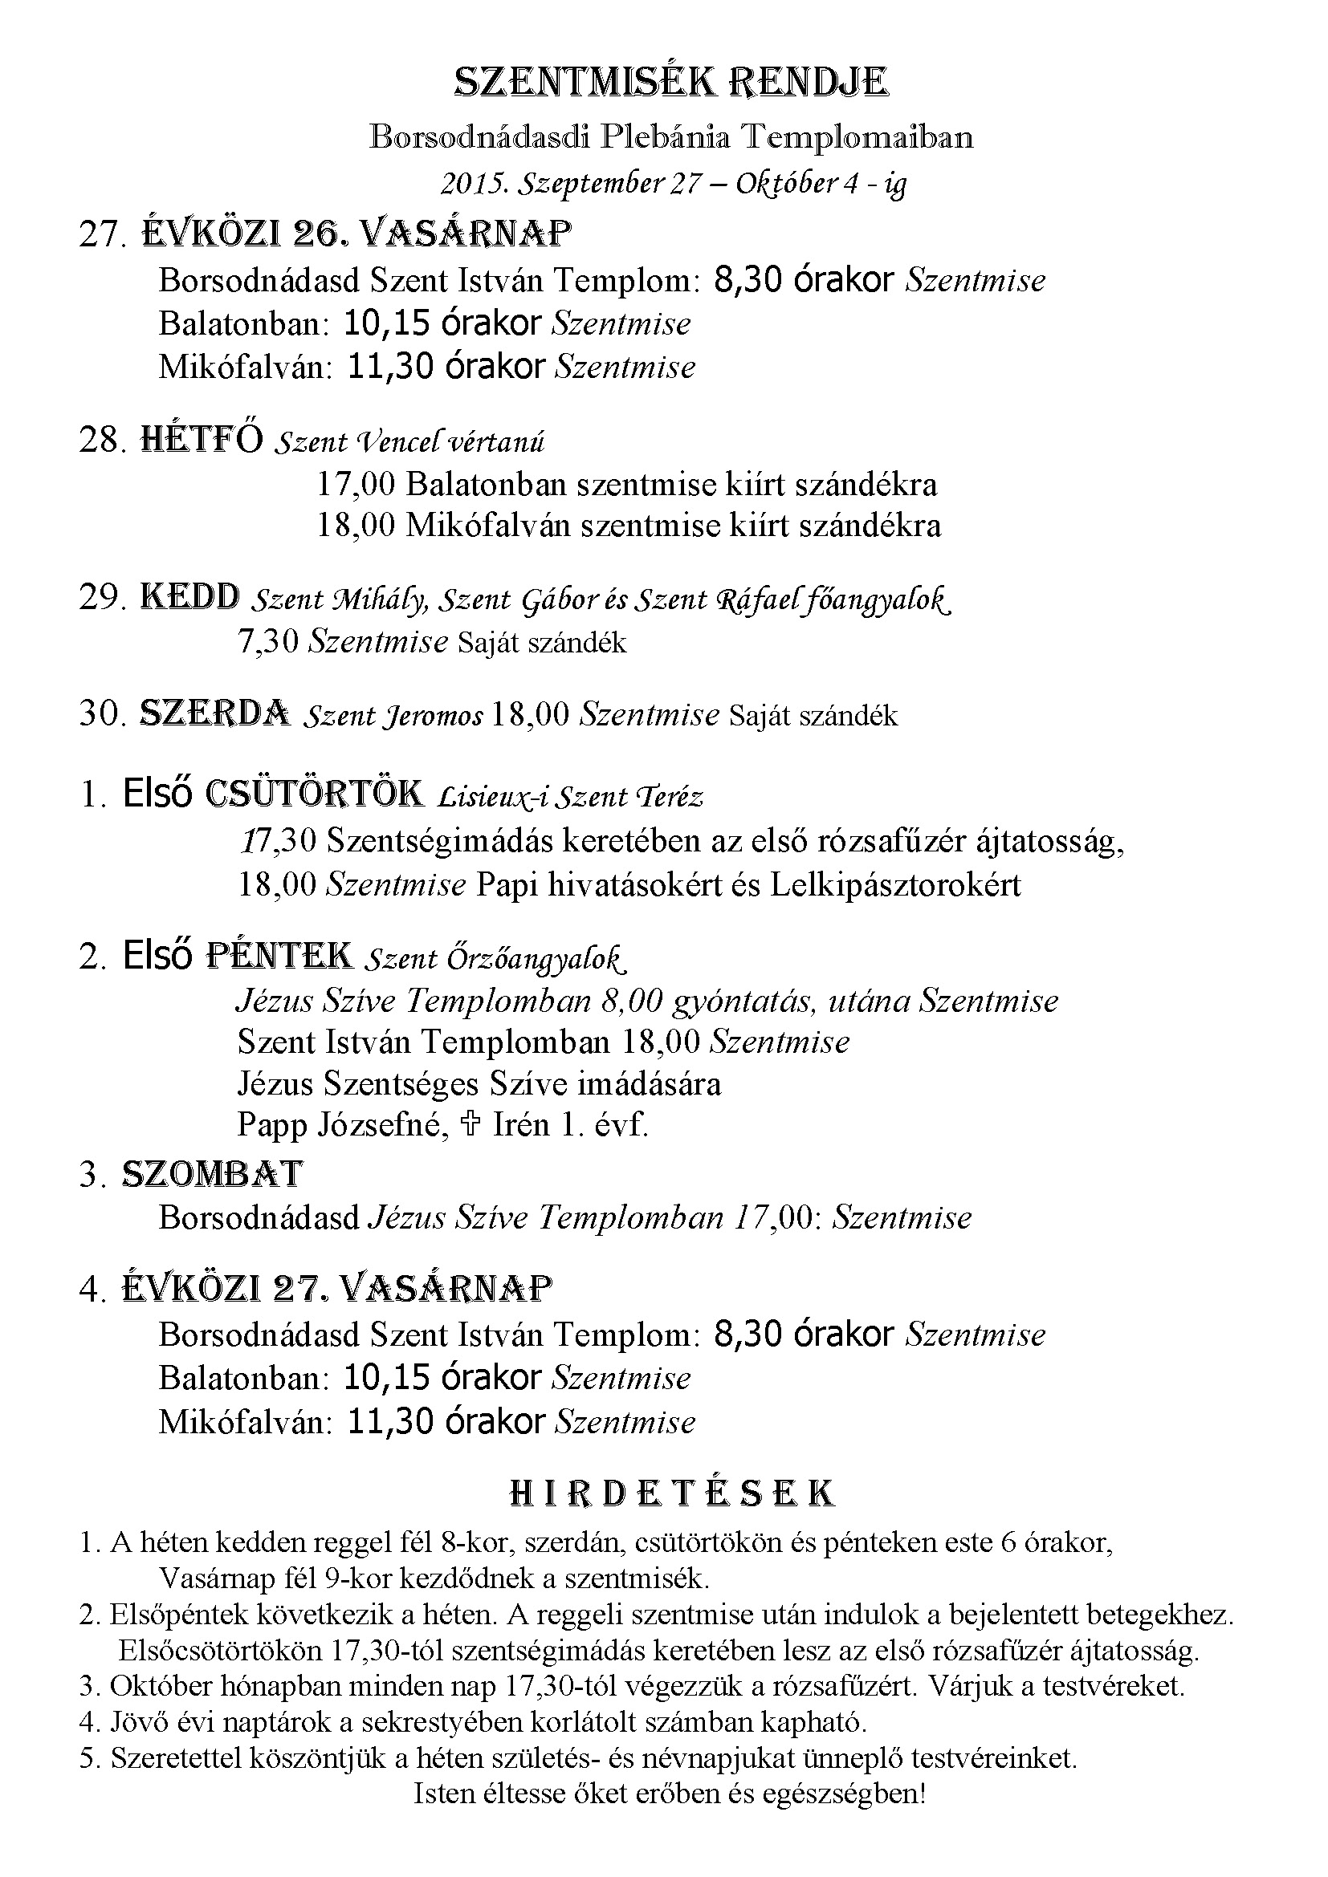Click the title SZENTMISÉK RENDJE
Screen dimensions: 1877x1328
[670, 83]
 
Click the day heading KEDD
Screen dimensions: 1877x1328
[190, 598]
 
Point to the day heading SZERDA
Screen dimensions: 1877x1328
[214, 713]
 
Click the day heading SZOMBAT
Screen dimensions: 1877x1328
[212, 1175]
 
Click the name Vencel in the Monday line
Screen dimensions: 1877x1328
[398, 442]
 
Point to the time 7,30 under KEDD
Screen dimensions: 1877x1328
[267, 642]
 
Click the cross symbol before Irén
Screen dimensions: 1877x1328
[470, 1125]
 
